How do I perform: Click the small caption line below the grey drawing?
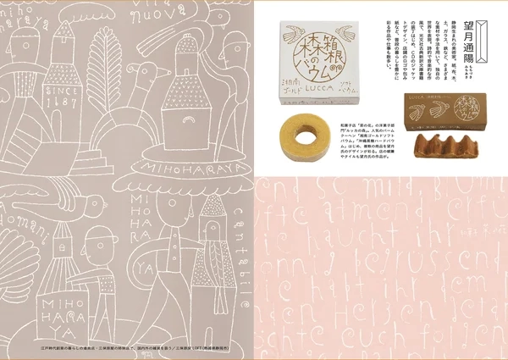point(127,347)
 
